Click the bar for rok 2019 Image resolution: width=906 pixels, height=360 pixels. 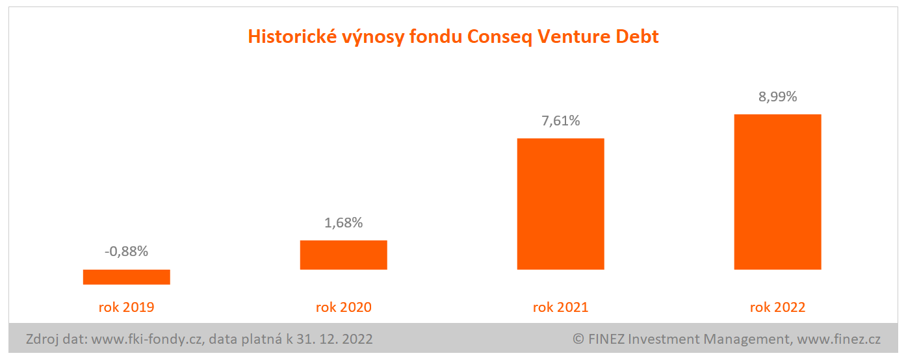coord(127,277)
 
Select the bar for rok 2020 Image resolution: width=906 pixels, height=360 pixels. coord(343,255)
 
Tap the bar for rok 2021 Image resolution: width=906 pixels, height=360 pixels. coord(560,203)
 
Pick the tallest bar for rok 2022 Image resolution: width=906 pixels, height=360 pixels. coord(777,192)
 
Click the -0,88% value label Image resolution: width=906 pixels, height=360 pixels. coord(127,251)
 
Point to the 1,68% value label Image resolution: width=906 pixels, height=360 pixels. coord(343,223)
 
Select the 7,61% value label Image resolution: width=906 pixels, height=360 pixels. coord(560,120)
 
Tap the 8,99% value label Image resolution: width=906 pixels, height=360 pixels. coord(777,97)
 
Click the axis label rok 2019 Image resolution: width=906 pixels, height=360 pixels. coord(127,307)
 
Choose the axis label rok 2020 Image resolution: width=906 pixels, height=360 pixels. coord(343,307)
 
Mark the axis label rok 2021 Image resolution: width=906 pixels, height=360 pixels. coord(560,307)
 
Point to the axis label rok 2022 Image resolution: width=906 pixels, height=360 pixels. coord(777,307)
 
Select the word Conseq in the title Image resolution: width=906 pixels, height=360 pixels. coord(497,37)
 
